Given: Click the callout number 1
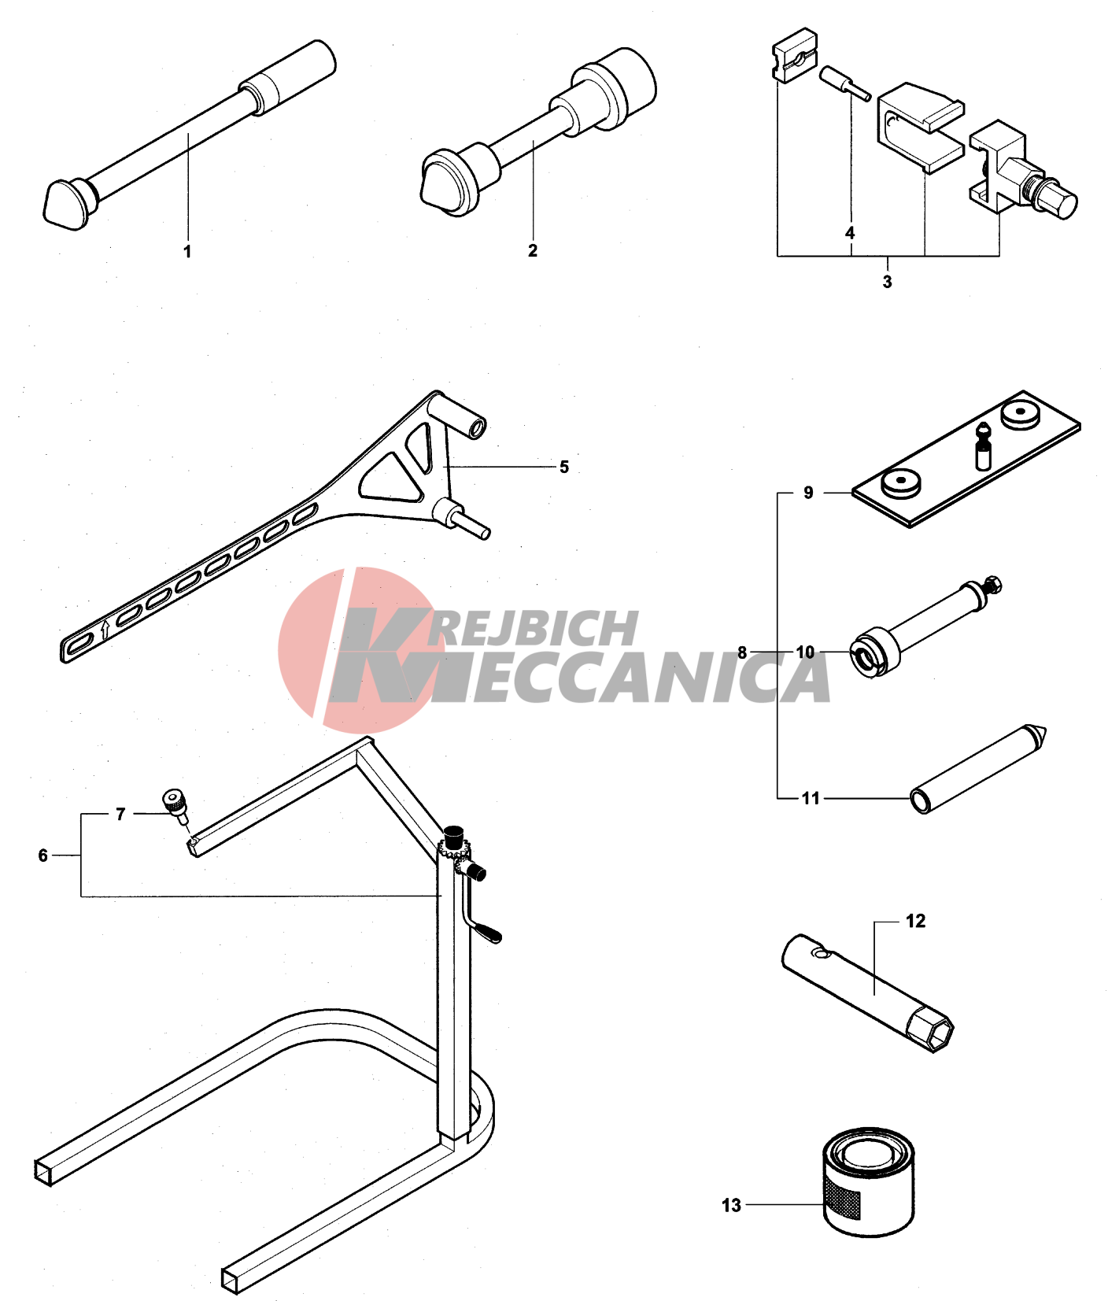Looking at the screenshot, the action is tap(187, 251).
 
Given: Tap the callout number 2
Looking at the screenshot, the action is tap(533, 250).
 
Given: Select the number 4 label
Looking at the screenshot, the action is tap(850, 233).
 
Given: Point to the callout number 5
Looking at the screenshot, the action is tap(564, 467).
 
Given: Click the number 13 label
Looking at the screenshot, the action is tap(731, 1205).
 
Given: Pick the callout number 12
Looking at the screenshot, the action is tap(915, 921).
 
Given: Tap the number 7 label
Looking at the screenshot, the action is tap(120, 814).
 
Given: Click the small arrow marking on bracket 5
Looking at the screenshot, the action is tap(105, 629).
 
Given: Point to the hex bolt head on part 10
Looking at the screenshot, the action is tap(993, 585).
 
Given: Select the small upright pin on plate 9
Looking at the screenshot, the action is tap(983, 446).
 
